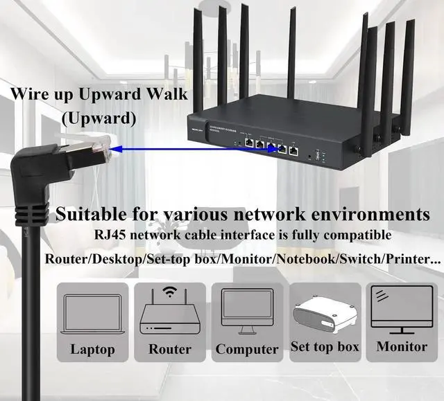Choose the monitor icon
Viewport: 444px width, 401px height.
[401, 309]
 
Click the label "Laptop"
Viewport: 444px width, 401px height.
[92, 349]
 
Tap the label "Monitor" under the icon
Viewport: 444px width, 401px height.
[402, 346]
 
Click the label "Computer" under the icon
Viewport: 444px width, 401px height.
[247, 349]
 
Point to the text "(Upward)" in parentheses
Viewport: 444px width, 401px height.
[99, 118]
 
